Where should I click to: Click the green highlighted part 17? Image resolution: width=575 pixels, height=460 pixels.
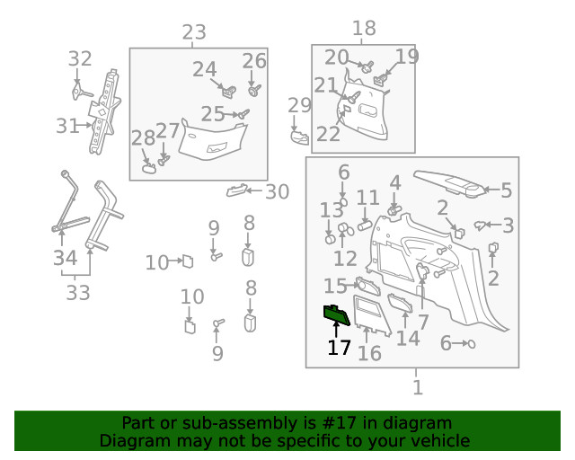click(336, 314)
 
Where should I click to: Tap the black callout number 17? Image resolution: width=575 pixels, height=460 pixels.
click(340, 348)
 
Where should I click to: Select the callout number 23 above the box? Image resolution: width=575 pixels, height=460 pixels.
click(194, 32)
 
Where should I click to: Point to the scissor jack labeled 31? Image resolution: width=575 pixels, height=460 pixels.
click(104, 111)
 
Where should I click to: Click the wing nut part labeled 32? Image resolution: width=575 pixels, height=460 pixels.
click(81, 90)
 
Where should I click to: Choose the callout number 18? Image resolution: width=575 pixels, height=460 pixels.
click(364, 28)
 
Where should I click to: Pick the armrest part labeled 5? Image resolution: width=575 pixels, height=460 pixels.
click(450, 184)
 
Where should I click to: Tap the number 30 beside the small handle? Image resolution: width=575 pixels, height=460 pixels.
click(278, 191)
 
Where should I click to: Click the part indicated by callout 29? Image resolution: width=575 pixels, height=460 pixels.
click(299, 137)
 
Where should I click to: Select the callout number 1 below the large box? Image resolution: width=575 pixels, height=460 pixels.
click(418, 387)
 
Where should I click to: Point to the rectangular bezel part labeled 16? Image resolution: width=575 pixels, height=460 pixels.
click(371, 314)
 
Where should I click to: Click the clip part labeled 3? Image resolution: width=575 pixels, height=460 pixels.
click(480, 225)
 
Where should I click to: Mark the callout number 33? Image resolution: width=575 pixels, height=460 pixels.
click(78, 293)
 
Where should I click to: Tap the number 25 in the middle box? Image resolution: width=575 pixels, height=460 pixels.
click(213, 114)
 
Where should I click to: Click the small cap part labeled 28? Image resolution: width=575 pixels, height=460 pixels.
click(149, 168)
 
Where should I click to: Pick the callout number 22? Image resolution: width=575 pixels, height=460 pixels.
click(328, 134)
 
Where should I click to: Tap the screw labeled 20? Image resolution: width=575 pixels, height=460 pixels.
click(367, 66)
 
